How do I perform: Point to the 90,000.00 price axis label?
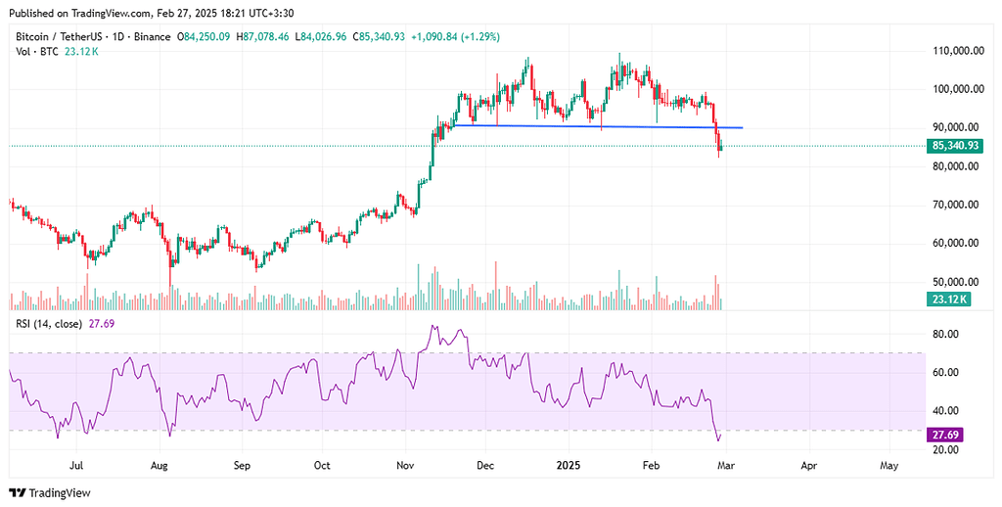pos(959,127)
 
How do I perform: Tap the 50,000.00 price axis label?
pos(959,282)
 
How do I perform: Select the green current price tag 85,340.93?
pos(956,146)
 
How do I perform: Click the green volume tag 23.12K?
pos(949,300)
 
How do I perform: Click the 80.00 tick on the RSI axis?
pos(944,334)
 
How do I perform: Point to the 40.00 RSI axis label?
pos(944,411)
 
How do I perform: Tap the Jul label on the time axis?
pos(77,468)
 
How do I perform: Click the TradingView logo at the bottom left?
pos(48,492)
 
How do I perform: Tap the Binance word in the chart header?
pos(152,37)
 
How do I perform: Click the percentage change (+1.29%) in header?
pos(477,37)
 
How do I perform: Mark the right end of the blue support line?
pos(744,128)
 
